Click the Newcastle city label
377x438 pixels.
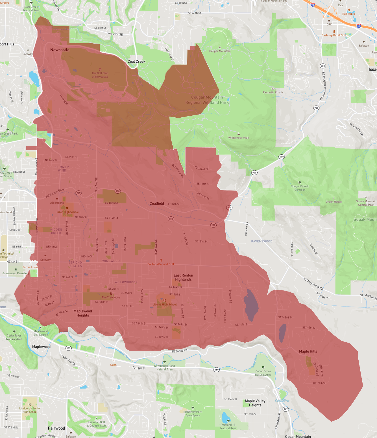click(60, 50)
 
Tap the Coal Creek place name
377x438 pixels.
click(136, 62)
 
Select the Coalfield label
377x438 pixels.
click(157, 203)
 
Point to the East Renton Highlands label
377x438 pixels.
click(183, 277)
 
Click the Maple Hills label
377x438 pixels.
click(308, 351)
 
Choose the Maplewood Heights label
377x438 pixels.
click(83, 313)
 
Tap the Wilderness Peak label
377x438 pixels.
click(239, 138)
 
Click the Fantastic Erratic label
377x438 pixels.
click(273, 92)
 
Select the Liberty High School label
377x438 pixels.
click(165, 305)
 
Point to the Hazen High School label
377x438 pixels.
click(67, 212)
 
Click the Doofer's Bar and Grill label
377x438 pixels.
click(161, 264)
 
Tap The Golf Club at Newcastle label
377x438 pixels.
click(100, 75)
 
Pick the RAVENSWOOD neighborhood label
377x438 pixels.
click(262, 241)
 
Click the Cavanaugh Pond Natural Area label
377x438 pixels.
click(164, 367)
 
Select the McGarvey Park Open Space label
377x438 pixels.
click(193, 413)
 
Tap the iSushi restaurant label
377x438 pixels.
click(113, 365)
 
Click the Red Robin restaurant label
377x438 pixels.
click(348, 14)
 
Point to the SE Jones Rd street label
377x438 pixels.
click(179, 351)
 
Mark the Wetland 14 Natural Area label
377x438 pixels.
click(228, 426)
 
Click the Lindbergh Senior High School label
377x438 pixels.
click(30, 410)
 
